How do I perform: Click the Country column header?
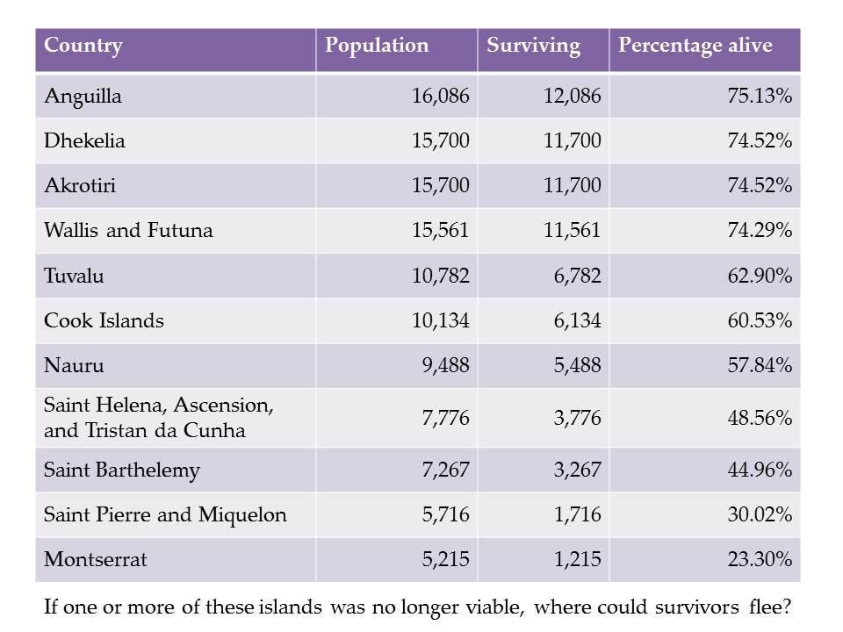[x=83, y=46]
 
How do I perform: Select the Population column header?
[x=377, y=46]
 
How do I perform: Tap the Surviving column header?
[x=533, y=46]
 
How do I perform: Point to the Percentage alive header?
[x=694, y=46]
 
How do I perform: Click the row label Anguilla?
[x=83, y=97]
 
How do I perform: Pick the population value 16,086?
[x=441, y=97]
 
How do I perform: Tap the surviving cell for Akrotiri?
[x=573, y=185]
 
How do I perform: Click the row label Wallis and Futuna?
[x=128, y=231]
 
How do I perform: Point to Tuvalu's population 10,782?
[x=441, y=276]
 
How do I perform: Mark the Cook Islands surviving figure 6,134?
[x=577, y=320]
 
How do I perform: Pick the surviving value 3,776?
[x=577, y=418]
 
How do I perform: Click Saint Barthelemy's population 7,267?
[x=445, y=470]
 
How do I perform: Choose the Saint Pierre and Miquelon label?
[x=165, y=514]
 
